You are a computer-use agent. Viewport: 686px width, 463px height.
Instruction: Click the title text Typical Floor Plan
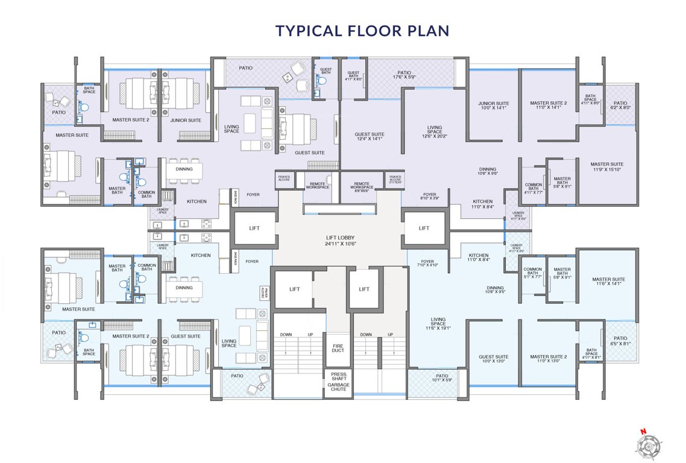click(x=362, y=31)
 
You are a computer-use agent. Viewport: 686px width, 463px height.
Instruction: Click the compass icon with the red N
click(x=649, y=444)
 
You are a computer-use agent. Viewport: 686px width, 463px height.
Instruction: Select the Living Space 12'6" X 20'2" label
click(x=435, y=133)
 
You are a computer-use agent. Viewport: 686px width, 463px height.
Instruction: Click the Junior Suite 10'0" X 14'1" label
click(x=494, y=106)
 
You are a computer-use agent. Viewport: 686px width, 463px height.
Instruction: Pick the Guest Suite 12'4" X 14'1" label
click(x=370, y=136)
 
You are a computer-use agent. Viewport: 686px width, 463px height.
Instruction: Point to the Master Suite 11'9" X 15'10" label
click(x=606, y=167)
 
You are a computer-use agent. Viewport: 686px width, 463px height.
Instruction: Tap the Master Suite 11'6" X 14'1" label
click(x=608, y=282)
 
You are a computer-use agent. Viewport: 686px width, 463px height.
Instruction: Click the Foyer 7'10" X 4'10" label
click(x=427, y=263)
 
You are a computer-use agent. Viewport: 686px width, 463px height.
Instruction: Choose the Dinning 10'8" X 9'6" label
click(x=488, y=171)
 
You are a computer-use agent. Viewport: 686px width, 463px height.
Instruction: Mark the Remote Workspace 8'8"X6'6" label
click(x=362, y=186)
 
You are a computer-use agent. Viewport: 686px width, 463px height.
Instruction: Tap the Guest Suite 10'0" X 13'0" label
click(x=493, y=359)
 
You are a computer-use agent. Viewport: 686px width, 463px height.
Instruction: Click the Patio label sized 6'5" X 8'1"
click(x=620, y=341)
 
